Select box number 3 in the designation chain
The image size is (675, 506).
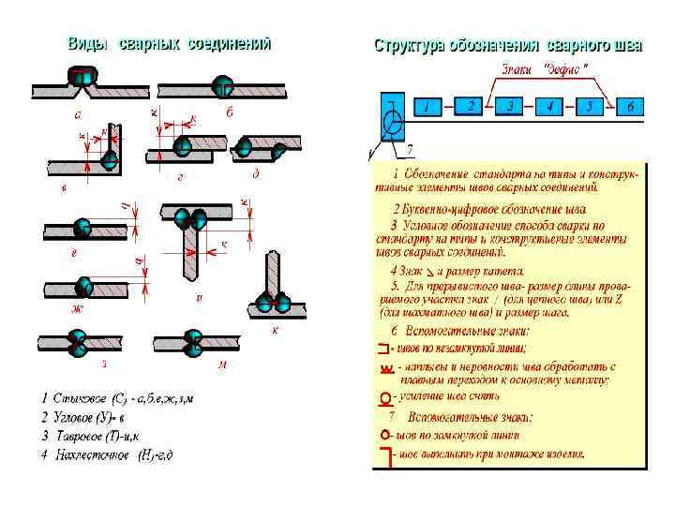510,106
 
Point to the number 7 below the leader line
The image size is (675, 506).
409,150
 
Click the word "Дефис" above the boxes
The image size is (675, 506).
567,69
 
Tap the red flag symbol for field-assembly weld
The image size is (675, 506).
383,457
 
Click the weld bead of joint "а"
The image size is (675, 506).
82,77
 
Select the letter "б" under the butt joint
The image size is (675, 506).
229,113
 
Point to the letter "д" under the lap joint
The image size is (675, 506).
255,174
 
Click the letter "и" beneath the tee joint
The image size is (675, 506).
198,297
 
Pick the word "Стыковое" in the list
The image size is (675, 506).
79,400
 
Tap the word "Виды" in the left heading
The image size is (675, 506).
87,44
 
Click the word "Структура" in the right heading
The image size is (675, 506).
409,46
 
